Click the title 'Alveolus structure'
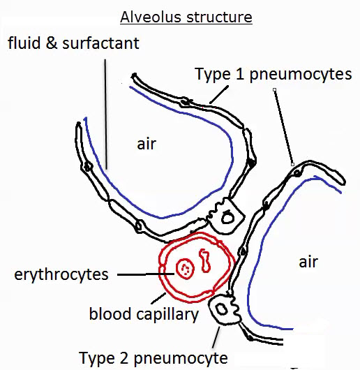tap(186, 17)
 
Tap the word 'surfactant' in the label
tap(100, 43)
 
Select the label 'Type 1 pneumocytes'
tap(273, 74)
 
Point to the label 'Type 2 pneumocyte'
tap(153, 358)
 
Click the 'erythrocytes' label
tap(61, 274)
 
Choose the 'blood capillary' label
tap(144, 315)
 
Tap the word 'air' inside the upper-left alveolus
tap(147, 144)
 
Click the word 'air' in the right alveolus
tap(308, 262)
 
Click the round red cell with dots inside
tap(186, 269)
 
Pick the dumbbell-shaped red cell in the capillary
tap(205, 260)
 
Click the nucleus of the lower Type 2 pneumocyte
tap(222, 309)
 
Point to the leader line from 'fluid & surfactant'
tap(106, 114)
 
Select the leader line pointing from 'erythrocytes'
tap(146, 274)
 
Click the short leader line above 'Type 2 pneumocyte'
tap(216, 337)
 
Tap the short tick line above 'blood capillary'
tap(158, 299)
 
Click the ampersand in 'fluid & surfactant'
tap(52, 43)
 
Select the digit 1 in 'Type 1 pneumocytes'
tap(240, 74)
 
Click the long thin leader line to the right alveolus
tap(284, 127)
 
